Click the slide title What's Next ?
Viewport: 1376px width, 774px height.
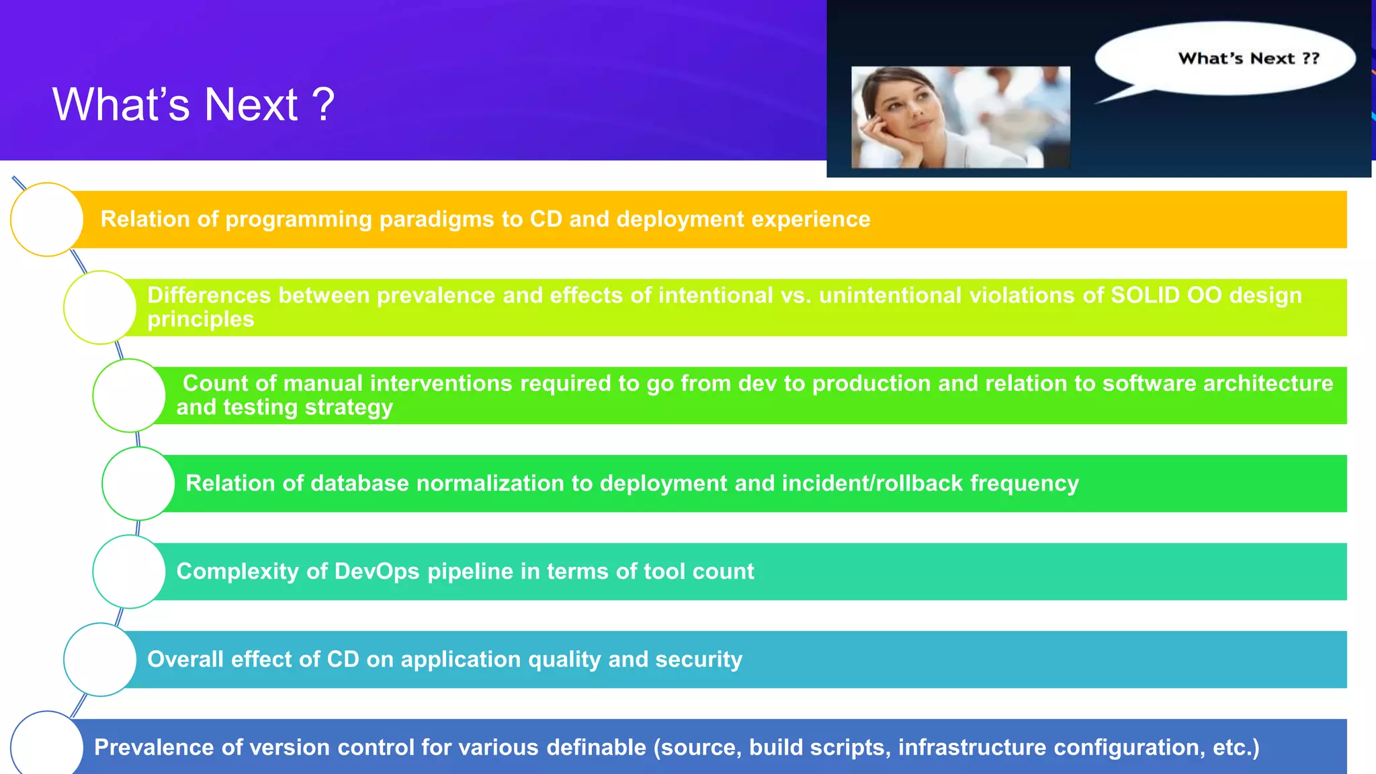point(193,105)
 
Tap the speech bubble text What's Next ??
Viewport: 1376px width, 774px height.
point(1248,58)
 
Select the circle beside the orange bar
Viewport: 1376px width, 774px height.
point(47,220)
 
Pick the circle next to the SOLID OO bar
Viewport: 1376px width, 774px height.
point(100,308)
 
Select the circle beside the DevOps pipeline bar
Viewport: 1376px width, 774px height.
point(129,572)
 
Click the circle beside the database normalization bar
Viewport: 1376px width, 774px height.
point(138,484)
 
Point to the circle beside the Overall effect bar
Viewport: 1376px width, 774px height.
point(100,660)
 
